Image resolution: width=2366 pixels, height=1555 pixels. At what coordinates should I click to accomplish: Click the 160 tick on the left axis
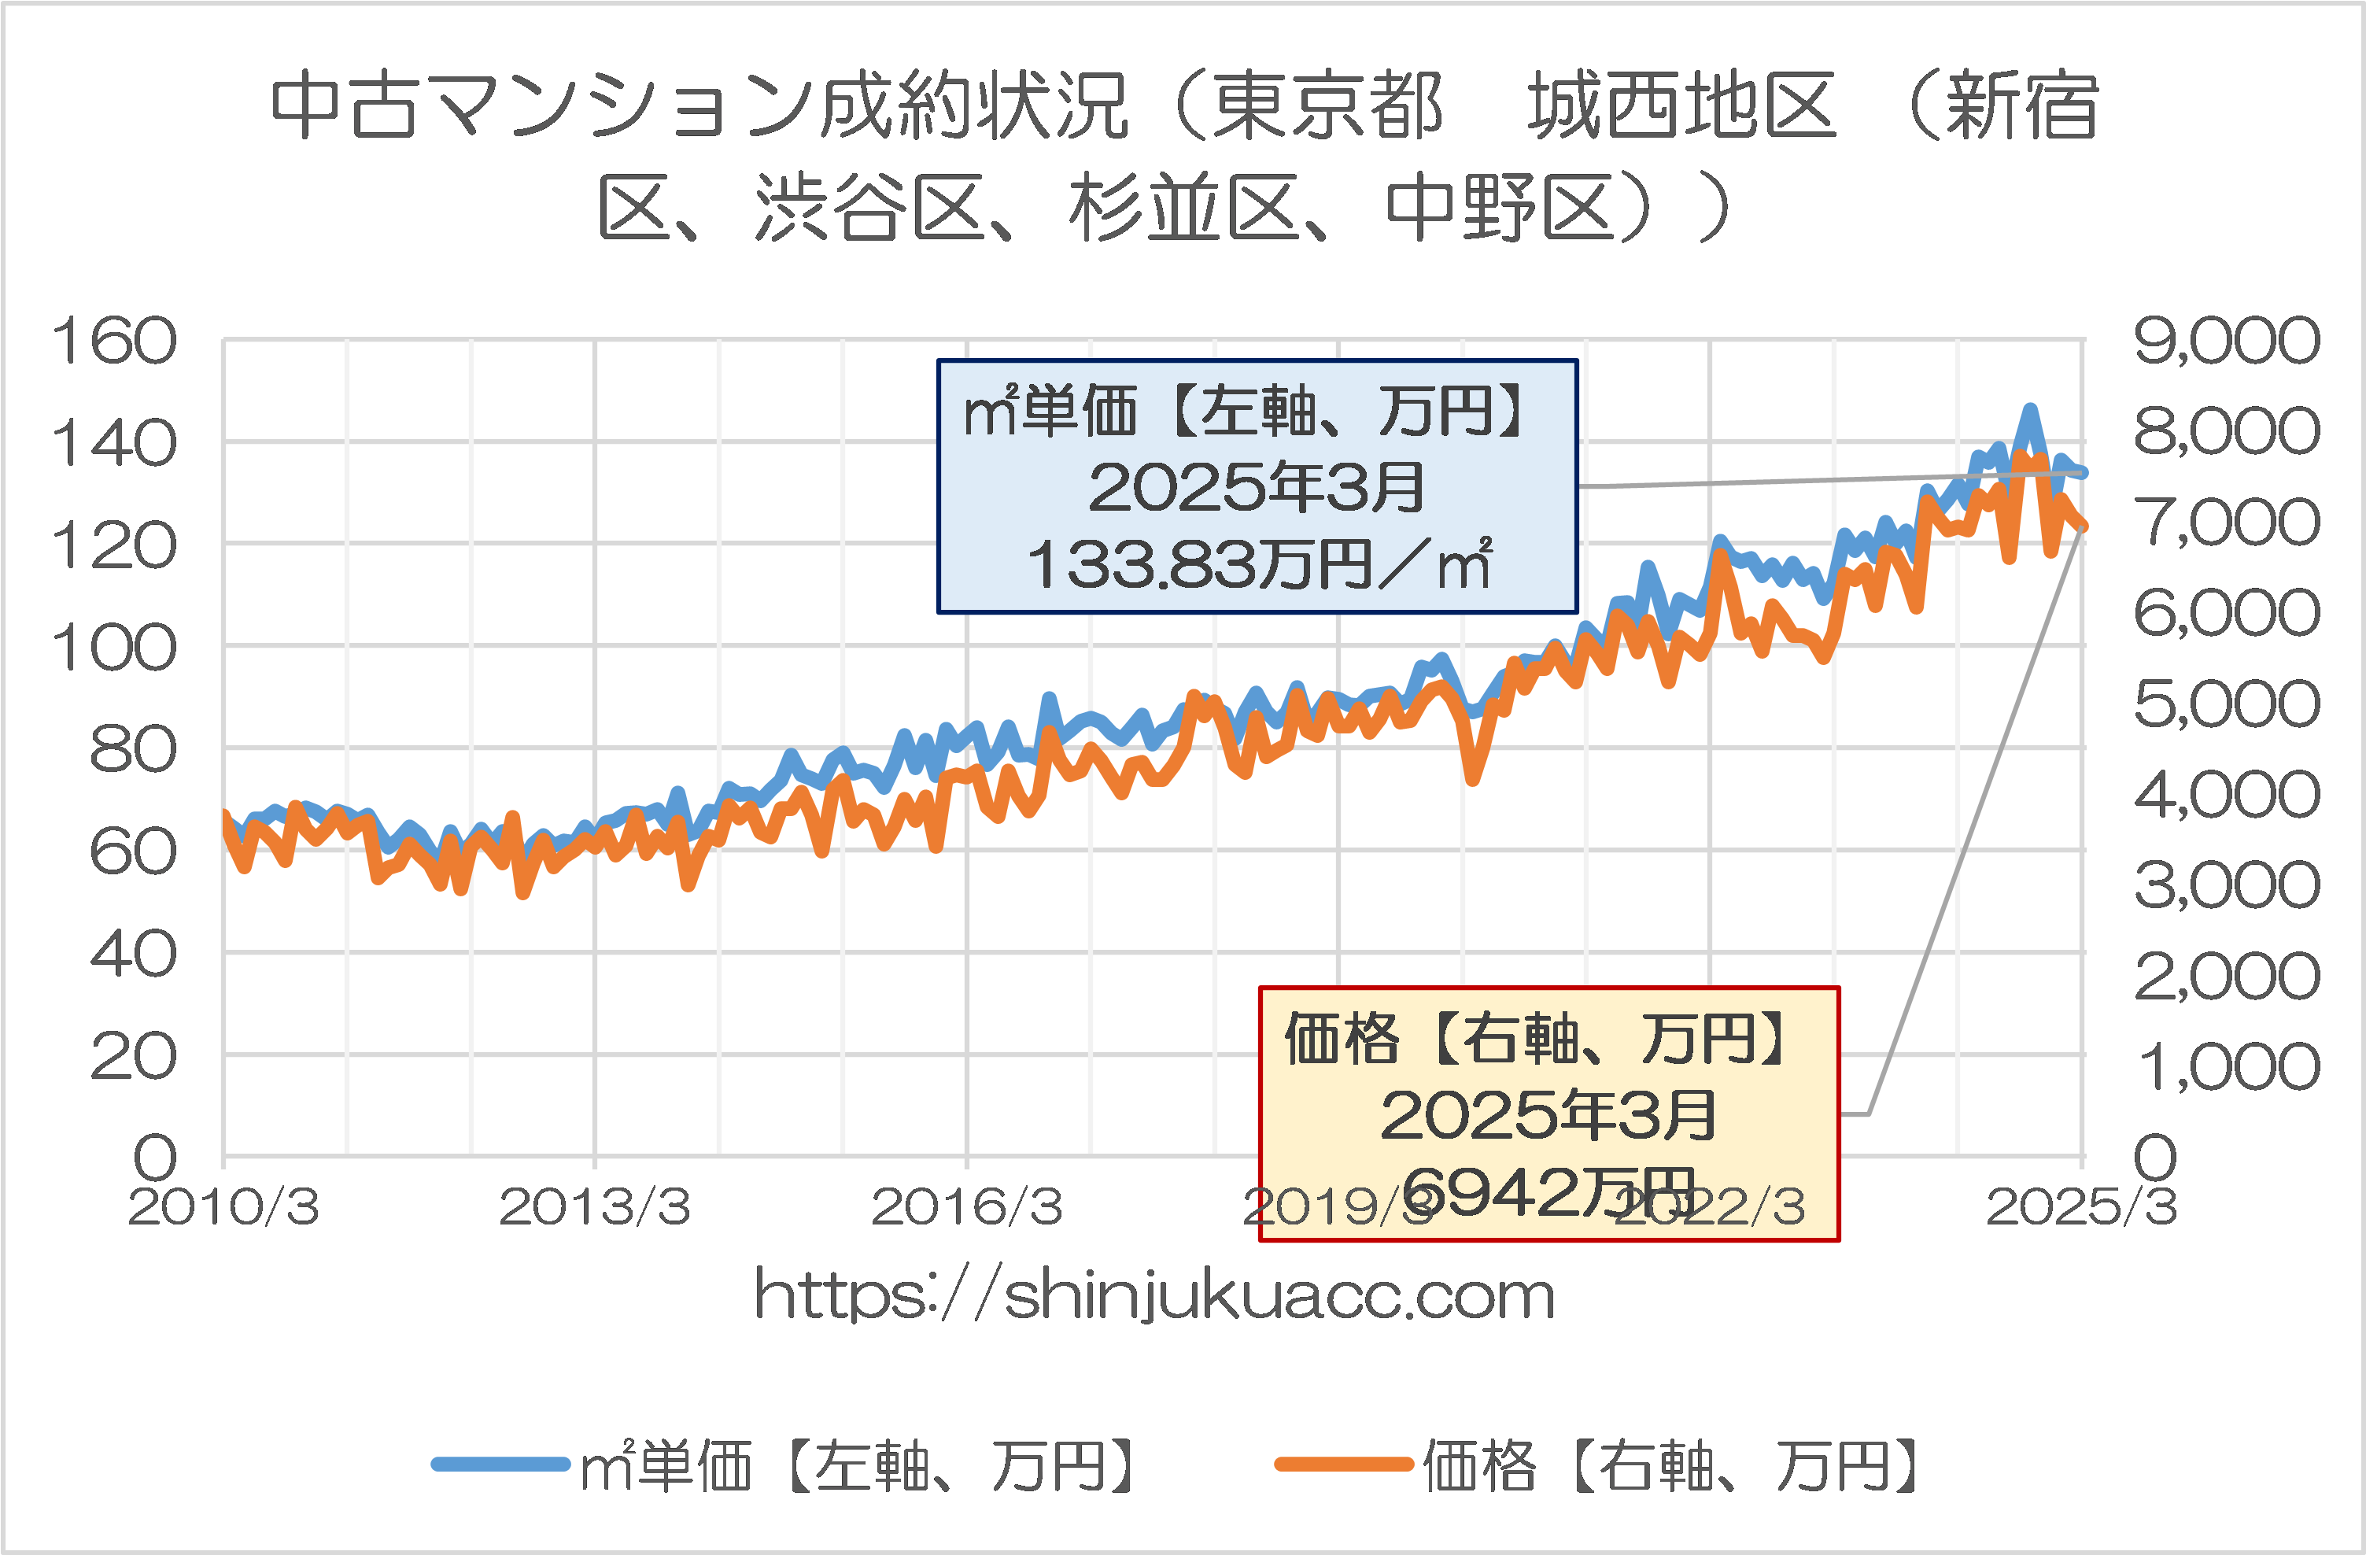click(x=113, y=341)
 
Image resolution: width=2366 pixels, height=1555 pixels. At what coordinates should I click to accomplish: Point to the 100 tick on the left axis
click(x=113, y=648)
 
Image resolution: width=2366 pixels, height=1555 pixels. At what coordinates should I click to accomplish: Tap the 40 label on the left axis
click(x=132, y=955)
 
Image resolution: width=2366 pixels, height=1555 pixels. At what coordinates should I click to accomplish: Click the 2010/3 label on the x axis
click(x=223, y=1207)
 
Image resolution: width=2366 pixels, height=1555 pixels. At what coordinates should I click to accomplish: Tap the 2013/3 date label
click(x=595, y=1207)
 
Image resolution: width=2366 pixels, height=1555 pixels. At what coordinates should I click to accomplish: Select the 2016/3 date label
click(x=966, y=1207)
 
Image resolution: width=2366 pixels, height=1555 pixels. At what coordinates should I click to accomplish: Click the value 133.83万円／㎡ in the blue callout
click(x=1257, y=565)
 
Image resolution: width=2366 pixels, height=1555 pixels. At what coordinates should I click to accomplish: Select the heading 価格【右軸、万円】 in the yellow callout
click(x=1548, y=1039)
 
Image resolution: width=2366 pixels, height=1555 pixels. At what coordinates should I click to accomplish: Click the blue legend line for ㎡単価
click(x=500, y=1464)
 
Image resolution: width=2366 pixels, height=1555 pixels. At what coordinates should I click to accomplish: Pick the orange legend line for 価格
click(x=1344, y=1464)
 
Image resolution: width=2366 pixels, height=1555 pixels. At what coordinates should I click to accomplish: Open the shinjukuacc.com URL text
click(x=1154, y=1295)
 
